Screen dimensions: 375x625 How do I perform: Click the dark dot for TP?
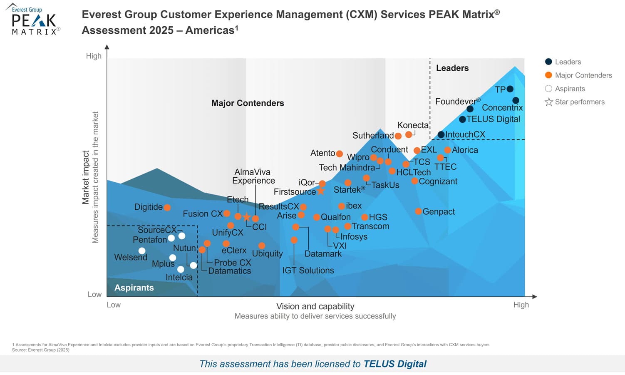tap(510, 89)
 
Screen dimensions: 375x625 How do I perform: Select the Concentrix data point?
tap(516, 100)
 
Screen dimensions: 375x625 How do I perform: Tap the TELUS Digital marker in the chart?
tap(462, 119)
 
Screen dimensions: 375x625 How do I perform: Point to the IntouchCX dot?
tap(441, 134)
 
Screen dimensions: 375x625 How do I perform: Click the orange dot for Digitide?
tap(167, 207)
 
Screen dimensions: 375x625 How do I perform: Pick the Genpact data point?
tap(418, 211)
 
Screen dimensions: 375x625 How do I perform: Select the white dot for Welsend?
tap(142, 251)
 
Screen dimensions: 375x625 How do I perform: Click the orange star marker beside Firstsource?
tap(321, 191)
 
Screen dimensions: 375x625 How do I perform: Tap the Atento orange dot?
tap(340, 154)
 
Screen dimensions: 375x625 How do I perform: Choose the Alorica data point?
tap(447, 150)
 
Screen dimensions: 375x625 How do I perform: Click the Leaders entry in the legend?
tap(568, 62)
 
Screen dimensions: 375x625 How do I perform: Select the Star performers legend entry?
tap(579, 102)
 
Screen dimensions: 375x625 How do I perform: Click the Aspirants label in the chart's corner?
tap(134, 288)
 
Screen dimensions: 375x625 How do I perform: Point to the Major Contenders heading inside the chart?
tap(248, 103)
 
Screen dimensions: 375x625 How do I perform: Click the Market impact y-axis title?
tap(86, 177)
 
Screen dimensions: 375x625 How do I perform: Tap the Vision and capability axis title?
tap(315, 306)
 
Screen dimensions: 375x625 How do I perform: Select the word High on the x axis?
tap(521, 305)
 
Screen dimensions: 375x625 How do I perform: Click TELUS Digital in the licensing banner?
tap(395, 364)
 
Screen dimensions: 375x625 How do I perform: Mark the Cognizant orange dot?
tap(414, 181)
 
